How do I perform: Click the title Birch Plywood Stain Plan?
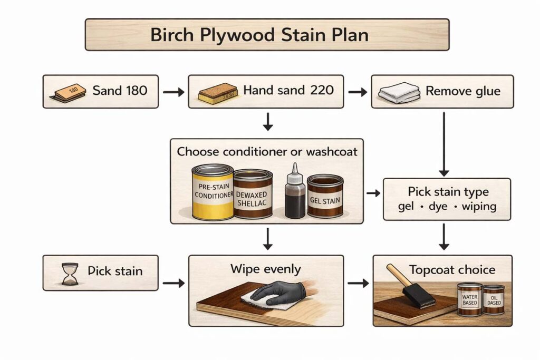[x=266, y=35]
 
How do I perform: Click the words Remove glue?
[x=463, y=91]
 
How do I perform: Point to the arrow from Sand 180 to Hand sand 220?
[x=173, y=92]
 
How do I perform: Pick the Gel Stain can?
[x=325, y=196]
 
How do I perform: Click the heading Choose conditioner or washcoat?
[x=267, y=152]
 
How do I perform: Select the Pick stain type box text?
[x=448, y=199]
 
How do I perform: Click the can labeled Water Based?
[x=469, y=300]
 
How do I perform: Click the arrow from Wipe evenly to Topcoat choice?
[x=358, y=284]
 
